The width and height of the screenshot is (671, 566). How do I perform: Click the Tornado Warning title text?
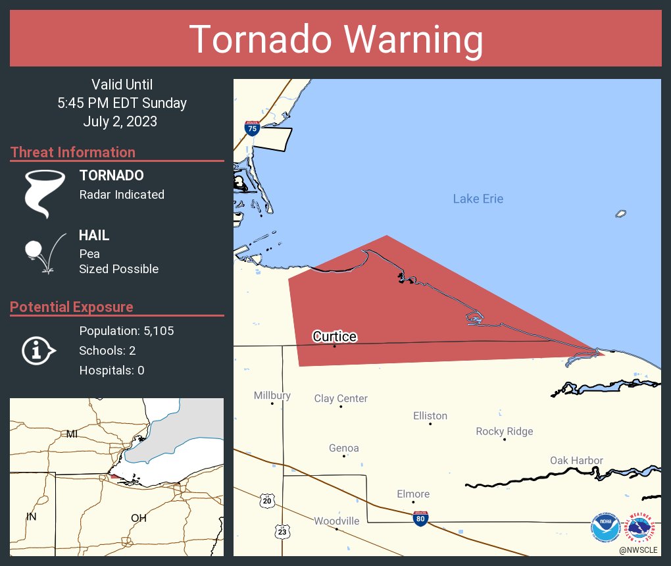point(335,39)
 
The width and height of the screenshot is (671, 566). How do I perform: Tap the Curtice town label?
point(334,337)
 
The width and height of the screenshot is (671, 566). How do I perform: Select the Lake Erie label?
point(478,199)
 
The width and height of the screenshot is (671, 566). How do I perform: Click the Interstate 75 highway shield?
point(251,128)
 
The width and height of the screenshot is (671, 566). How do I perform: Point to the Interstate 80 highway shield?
point(420,518)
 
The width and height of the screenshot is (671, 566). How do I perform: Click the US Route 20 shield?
point(266,501)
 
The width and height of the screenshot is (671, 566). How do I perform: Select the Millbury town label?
point(272,396)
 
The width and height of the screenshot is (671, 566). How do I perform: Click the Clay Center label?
point(341,398)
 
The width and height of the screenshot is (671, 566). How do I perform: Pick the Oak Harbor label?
point(576,460)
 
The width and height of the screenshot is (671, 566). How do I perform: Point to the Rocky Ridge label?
point(504,431)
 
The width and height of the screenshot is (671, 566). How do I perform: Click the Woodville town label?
point(336,521)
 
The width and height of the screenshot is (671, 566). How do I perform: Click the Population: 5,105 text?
point(126,330)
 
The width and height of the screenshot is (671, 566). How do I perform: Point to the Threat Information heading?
point(73,152)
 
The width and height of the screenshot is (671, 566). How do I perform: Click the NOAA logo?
point(605,527)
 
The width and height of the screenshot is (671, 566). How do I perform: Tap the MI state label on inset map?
point(72,434)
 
